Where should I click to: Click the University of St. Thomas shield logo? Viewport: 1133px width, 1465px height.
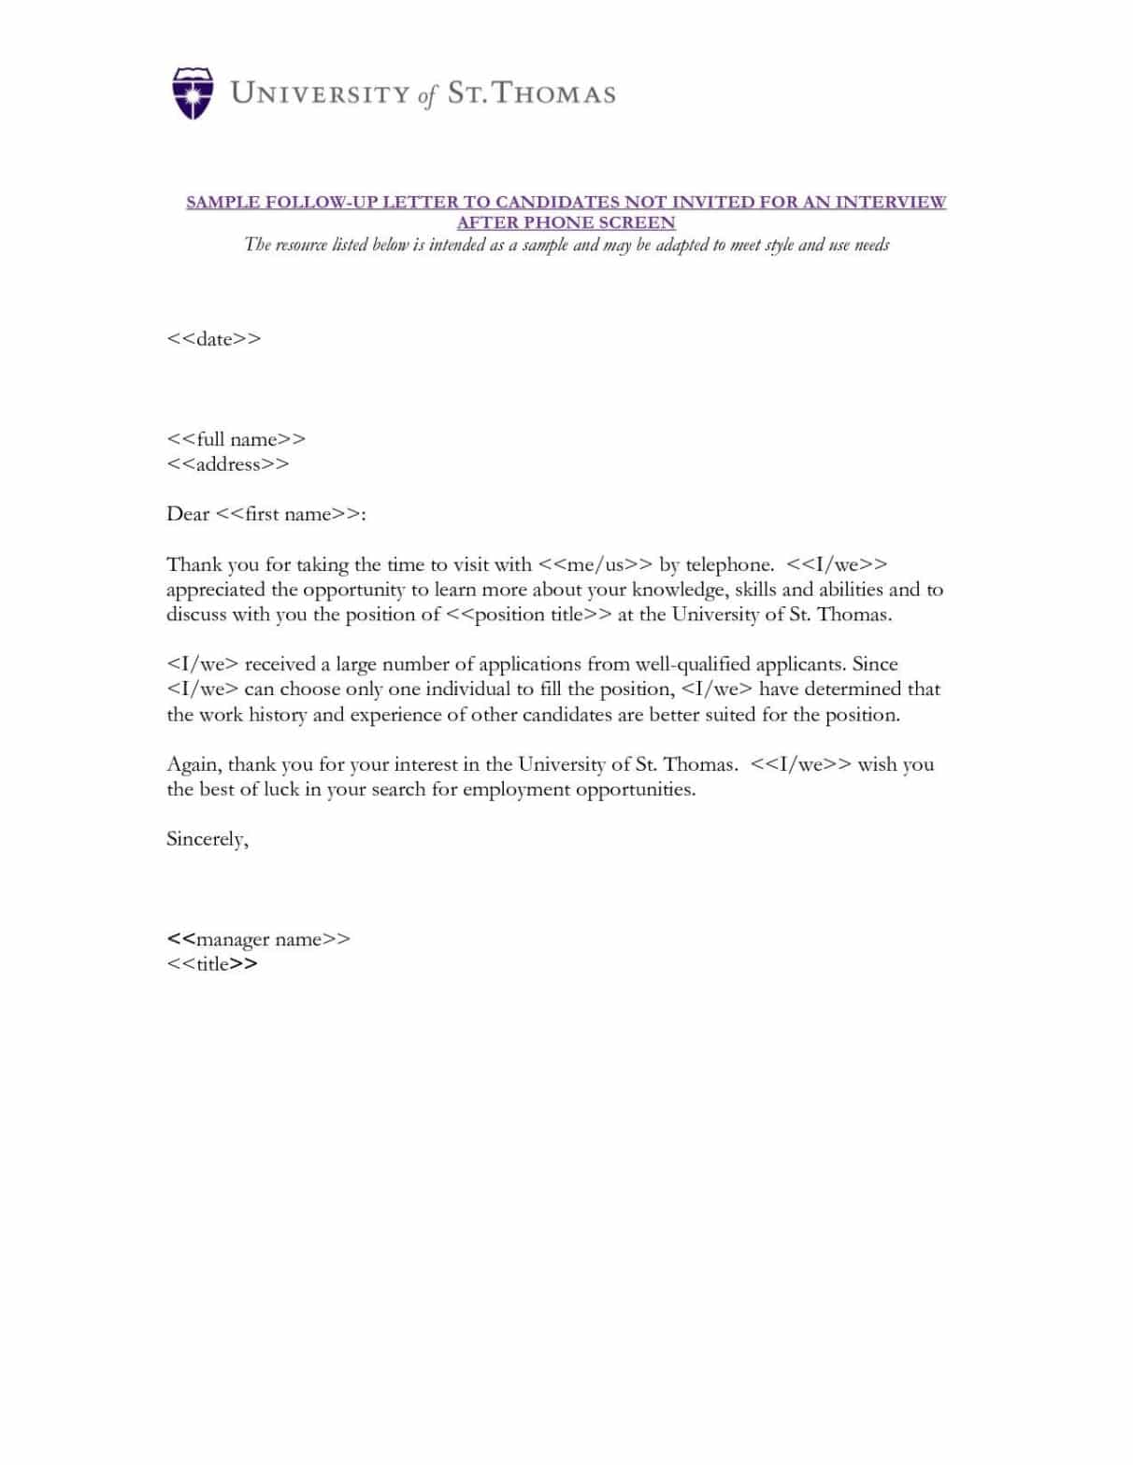[x=193, y=92]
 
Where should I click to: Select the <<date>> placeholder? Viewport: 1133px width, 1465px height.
[x=213, y=339]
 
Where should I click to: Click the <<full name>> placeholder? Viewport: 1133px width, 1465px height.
[x=236, y=439]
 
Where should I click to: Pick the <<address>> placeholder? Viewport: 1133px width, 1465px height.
[x=227, y=464]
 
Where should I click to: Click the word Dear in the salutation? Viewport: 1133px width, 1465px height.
[x=187, y=514]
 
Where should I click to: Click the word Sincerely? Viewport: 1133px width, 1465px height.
[x=207, y=839]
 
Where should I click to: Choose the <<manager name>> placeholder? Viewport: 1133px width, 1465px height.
[x=258, y=939]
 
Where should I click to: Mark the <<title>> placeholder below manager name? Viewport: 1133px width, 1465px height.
[x=211, y=964]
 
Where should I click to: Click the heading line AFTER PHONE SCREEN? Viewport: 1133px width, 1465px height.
[x=566, y=222]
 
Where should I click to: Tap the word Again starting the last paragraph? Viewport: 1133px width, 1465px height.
[x=194, y=764]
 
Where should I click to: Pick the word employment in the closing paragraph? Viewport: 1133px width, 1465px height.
[x=515, y=789]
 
